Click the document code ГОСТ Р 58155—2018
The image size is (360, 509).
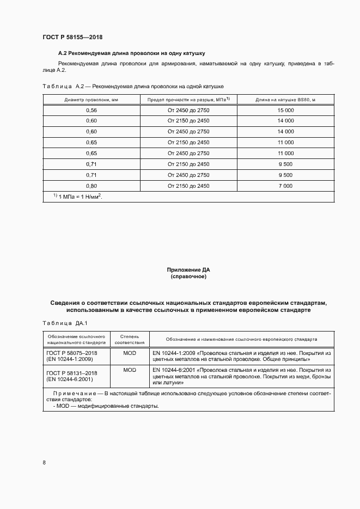click(72, 37)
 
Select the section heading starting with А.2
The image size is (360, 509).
click(131, 53)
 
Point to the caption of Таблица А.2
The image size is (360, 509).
click(133, 87)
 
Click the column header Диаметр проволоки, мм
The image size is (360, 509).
click(91, 100)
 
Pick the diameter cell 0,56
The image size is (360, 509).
click(91, 110)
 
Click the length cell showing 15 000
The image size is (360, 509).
click(285, 110)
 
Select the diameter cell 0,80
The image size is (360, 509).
click(91, 186)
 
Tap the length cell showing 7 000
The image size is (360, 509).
click(285, 186)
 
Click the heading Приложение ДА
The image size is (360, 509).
click(188, 269)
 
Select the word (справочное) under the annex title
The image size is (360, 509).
click(188, 277)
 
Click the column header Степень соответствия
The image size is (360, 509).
click(130, 340)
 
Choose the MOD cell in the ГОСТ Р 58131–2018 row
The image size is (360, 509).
click(130, 370)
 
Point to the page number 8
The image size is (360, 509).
click(44, 462)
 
